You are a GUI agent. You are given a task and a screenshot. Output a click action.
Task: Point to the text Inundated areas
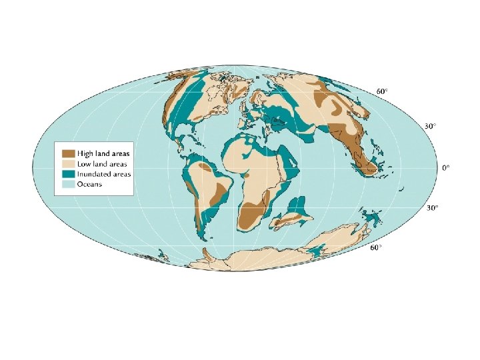103,173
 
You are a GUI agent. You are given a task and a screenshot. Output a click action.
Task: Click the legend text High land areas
103,153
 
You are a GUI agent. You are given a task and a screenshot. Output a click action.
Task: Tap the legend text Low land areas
101,163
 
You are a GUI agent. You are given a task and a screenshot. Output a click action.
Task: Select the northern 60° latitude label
382,91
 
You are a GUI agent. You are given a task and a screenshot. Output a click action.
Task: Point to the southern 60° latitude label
377,248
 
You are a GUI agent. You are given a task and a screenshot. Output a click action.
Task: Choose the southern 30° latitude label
432,209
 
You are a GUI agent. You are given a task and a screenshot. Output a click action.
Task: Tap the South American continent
203,187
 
